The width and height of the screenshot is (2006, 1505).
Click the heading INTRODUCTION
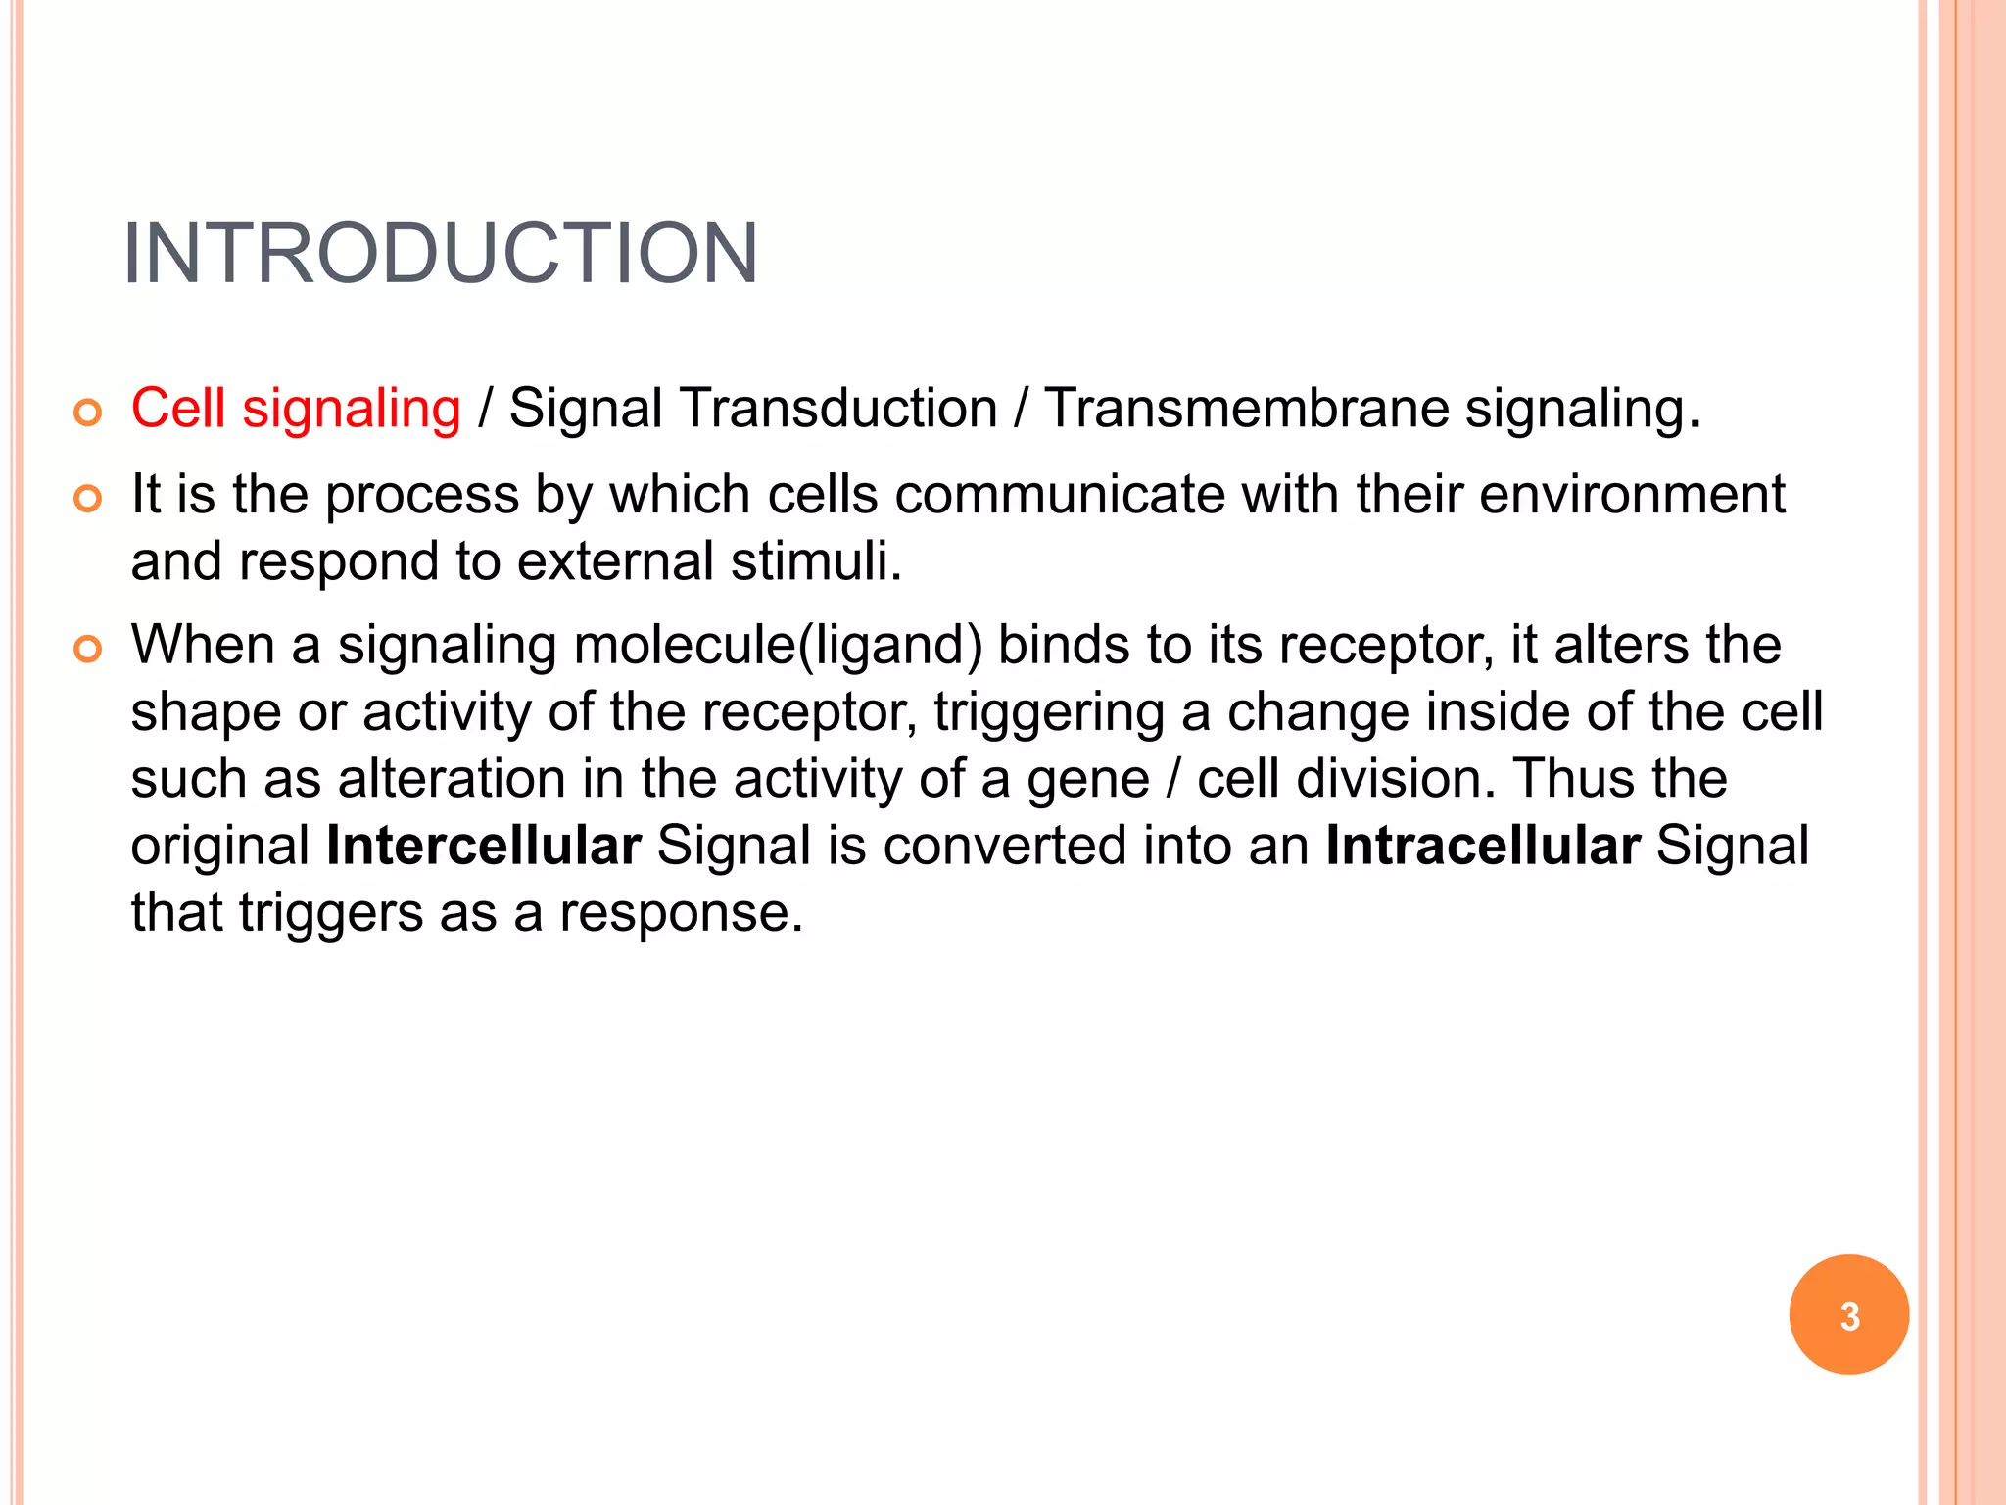tap(440, 254)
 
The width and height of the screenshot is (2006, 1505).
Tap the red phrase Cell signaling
tap(296, 408)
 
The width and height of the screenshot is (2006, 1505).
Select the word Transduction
tap(837, 408)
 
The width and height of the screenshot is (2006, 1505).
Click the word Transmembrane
tap(1246, 408)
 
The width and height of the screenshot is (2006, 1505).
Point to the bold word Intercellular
tap(484, 846)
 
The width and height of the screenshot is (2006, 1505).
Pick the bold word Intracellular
tap(1483, 846)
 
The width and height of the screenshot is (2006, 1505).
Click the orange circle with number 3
tap(1848, 1315)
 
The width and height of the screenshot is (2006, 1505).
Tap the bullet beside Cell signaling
tap(88, 413)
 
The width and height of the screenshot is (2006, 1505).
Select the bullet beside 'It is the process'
tap(88, 499)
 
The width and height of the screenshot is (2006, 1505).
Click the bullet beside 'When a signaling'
tap(88, 649)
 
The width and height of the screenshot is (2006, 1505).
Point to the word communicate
tap(1059, 494)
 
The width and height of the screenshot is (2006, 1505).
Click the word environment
tap(1632, 494)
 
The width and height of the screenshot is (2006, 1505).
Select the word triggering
tap(1049, 712)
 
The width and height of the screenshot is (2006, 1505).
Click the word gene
tap(1087, 781)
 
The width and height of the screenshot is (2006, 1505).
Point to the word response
tap(681, 913)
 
